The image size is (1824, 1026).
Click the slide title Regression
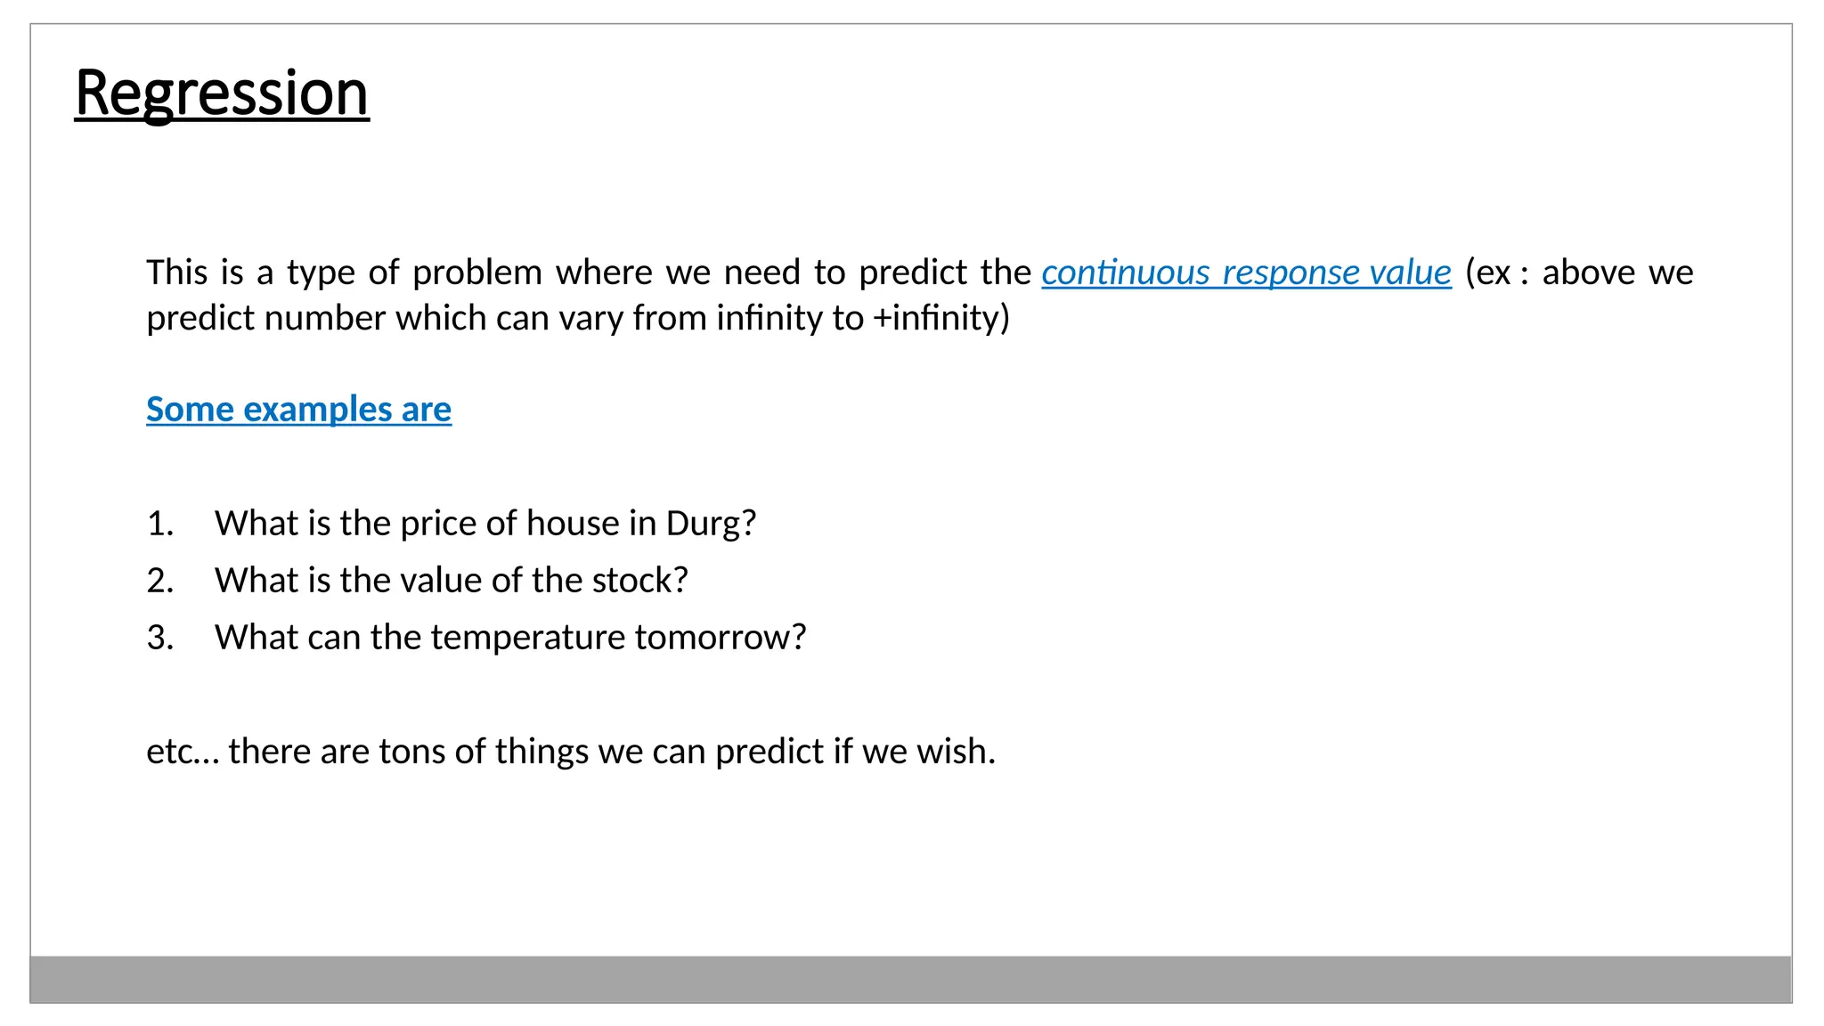222,93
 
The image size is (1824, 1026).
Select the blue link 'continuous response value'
1246,273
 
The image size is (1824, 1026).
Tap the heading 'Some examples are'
298,410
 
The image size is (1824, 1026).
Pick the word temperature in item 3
528,638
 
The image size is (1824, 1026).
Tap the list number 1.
159,524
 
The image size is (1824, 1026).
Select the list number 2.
159,581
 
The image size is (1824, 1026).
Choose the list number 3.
159,638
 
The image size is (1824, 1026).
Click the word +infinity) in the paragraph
941,318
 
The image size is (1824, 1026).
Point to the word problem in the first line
476,273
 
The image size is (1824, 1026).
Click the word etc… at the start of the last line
182,752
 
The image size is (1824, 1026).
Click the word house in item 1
573,524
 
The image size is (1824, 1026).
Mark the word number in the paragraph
324,318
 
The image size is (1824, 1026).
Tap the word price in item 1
434,524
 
